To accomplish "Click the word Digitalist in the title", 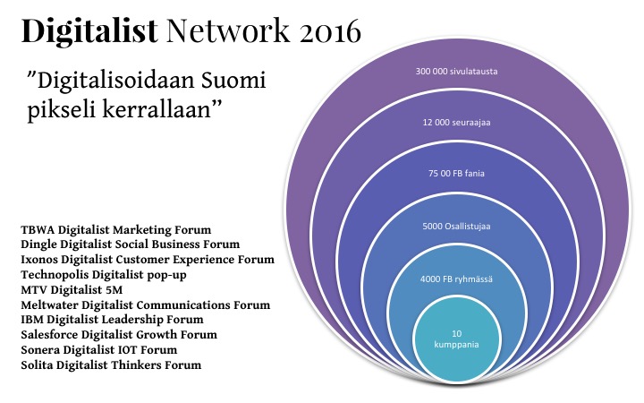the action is [x=89, y=31].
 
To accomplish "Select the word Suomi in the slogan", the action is [x=233, y=81].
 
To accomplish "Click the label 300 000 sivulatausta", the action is [x=456, y=71].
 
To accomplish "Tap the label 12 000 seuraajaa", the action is [x=456, y=122].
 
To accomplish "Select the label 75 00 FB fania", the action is [x=456, y=173].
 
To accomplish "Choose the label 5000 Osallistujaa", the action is [x=456, y=227].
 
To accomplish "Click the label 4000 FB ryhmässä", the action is [x=456, y=279].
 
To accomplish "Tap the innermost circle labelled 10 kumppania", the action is [x=457, y=339].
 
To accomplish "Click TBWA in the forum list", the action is [x=38, y=229].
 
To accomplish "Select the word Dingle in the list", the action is [x=39, y=244].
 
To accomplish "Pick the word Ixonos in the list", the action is [x=39, y=260].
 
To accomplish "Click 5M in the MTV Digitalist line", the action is [x=114, y=290].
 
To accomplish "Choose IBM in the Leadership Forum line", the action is [x=32, y=320].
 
